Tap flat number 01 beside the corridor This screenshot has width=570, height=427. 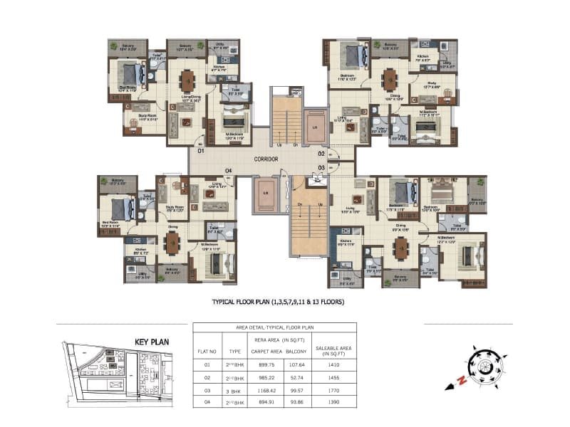click(201, 152)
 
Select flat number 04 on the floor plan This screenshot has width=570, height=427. click(229, 170)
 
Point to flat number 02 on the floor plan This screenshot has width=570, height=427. click(322, 154)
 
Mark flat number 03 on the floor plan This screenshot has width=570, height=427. click(322, 167)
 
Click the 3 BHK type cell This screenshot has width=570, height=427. click(234, 390)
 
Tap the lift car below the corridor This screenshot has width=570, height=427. click(264, 194)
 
